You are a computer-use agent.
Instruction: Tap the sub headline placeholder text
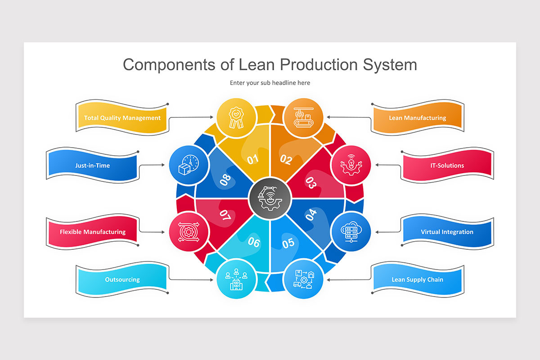click(270, 83)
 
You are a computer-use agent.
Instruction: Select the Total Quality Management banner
click(122, 118)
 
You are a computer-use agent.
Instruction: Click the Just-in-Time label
click(92, 165)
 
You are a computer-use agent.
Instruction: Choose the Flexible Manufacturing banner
click(92, 232)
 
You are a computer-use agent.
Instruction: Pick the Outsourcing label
click(122, 279)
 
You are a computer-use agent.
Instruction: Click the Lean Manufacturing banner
click(417, 118)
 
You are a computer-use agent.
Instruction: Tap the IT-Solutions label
click(447, 165)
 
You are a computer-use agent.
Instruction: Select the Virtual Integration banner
click(447, 232)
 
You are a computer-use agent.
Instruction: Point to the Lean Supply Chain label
click(417, 279)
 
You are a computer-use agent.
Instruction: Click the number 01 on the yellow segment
click(253, 159)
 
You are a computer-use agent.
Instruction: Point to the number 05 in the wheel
click(288, 243)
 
